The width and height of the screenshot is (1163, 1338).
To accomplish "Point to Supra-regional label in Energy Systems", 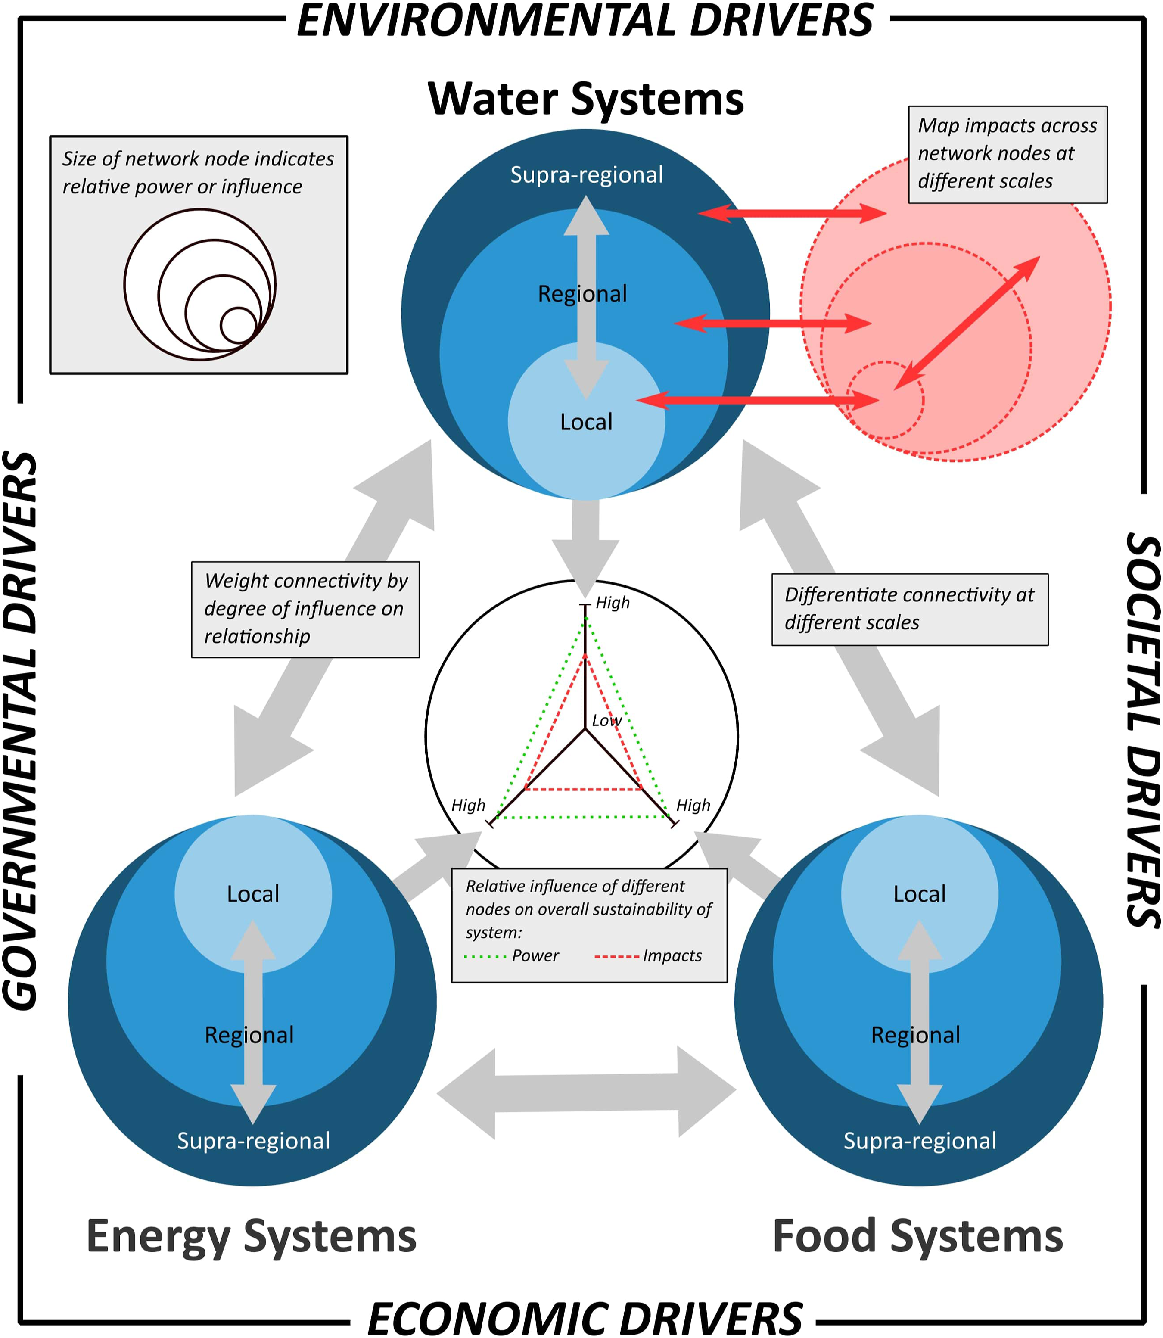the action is tap(253, 1141).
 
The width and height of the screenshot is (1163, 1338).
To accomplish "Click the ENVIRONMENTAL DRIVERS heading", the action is tap(585, 21).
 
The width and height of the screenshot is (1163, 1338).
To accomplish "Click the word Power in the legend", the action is tap(535, 956).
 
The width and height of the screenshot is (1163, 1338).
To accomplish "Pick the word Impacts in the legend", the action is tap(672, 956).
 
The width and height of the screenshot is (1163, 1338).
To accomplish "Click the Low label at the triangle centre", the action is tap(606, 720).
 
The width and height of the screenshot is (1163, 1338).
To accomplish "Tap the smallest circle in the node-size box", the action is tap(239, 325).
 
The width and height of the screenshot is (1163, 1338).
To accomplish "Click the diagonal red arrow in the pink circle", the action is tap(967, 323).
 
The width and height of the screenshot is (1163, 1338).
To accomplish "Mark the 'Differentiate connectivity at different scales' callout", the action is tap(910, 609).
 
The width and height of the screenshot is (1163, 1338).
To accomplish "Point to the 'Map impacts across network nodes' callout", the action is tap(1008, 155).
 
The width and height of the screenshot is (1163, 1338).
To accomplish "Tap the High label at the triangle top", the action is tap(613, 603).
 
